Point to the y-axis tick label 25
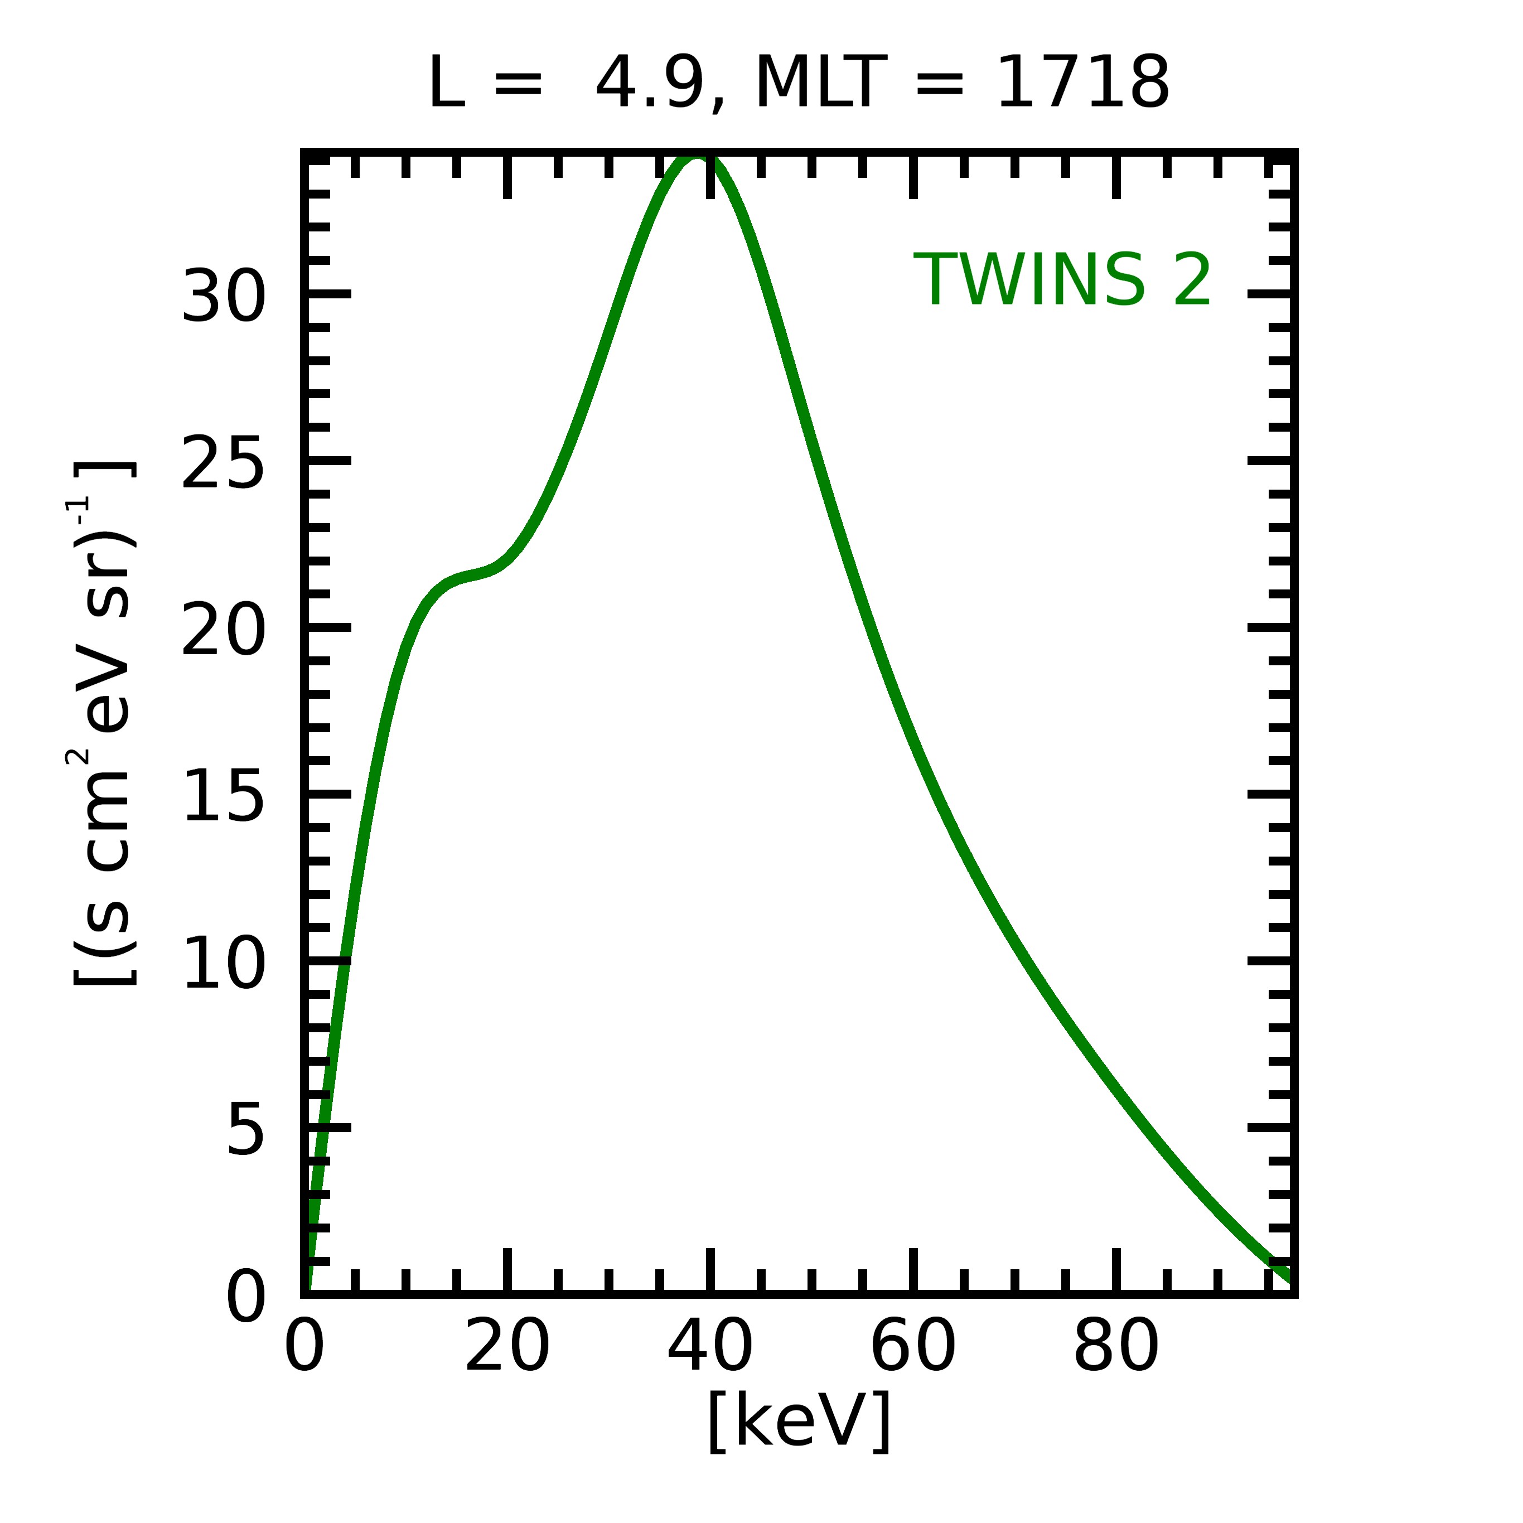[223, 463]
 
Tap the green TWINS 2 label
[1062, 281]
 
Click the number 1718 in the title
[1082, 84]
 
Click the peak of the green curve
[696, 158]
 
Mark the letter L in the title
[446, 84]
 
